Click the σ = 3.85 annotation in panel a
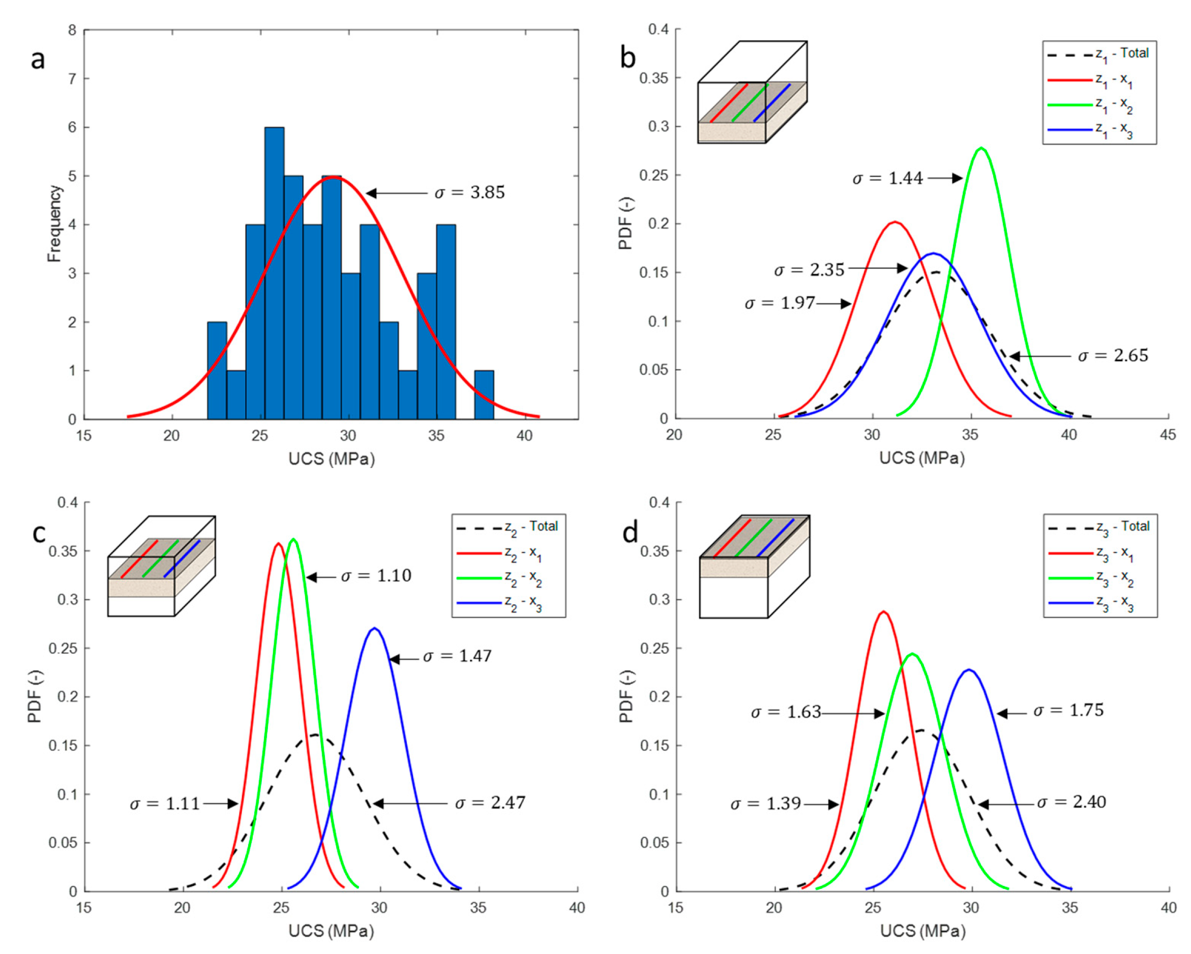[469, 193]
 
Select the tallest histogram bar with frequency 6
[275, 273]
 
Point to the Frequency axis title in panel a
[54, 224]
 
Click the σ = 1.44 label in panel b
[887, 178]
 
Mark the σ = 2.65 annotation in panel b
[1113, 356]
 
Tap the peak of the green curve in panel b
[981, 148]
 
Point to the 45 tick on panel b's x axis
[1167, 435]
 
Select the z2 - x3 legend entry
[508, 603]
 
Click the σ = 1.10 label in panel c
[376, 576]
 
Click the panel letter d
[630, 533]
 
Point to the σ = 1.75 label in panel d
[1068, 711]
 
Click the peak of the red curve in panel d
[884, 612]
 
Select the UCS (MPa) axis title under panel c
[331, 931]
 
